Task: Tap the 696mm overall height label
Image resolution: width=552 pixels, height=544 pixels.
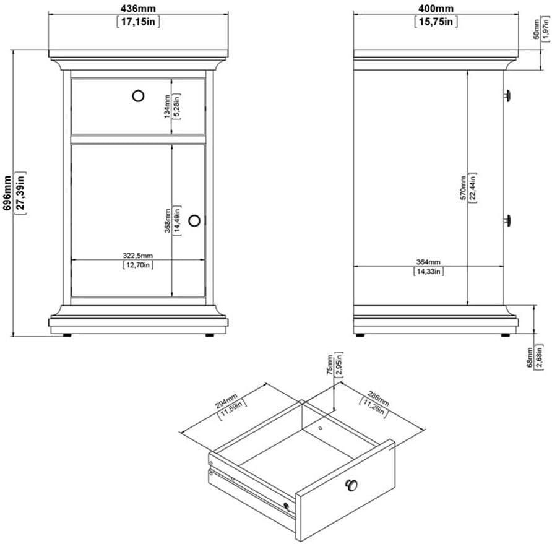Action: (7, 194)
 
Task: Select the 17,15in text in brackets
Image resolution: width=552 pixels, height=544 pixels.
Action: (139, 22)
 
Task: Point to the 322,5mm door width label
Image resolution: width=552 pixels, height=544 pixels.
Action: (138, 255)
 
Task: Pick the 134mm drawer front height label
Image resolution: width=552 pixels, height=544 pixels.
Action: (167, 105)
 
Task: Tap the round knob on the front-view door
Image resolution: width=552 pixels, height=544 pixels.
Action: (195, 220)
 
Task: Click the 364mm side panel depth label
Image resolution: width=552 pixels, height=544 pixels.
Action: (428, 261)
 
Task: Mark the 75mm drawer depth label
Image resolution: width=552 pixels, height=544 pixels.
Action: (330, 365)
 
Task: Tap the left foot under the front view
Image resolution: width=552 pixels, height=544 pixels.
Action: (66, 335)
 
